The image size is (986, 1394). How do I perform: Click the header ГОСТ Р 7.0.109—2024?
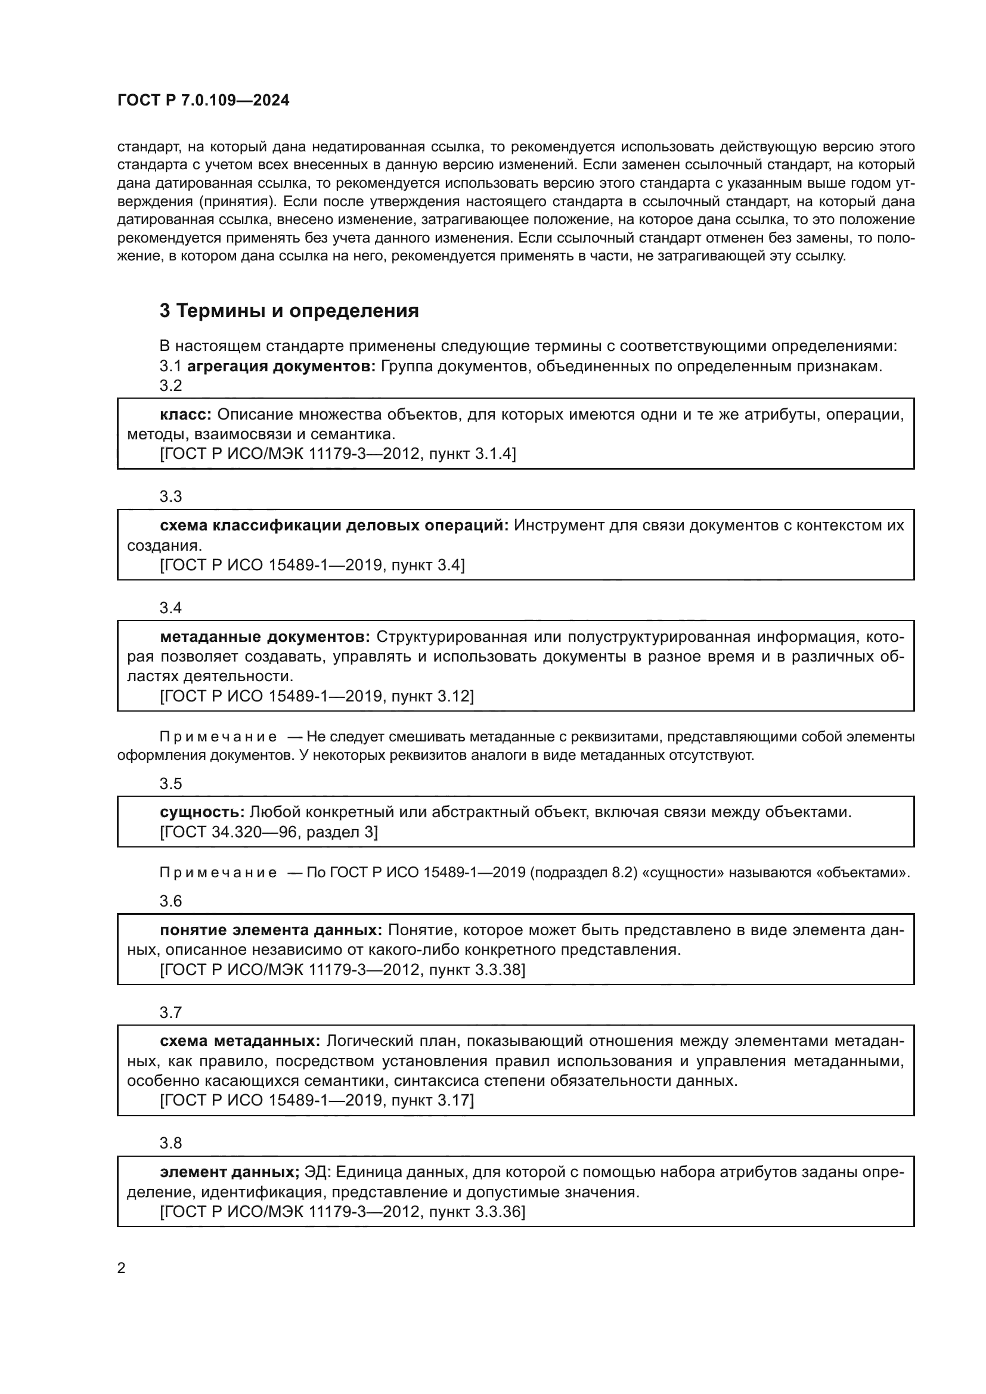(203, 101)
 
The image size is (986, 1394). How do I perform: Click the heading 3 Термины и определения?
(289, 311)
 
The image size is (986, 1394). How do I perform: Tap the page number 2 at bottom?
(122, 1268)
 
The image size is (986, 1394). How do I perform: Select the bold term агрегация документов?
(282, 366)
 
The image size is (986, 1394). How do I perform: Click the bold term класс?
(185, 414)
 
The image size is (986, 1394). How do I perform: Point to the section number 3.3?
(170, 496)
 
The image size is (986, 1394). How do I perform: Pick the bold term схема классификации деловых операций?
(334, 525)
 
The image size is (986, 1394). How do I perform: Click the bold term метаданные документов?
(265, 637)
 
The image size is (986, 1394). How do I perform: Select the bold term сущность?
(202, 812)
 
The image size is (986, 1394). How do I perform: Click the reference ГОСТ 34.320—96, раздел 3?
(268, 832)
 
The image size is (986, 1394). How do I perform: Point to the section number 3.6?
(170, 901)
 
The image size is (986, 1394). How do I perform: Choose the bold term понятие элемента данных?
(271, 930)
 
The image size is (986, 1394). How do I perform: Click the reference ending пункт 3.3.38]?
(342, 970)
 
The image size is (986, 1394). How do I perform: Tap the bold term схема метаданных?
(240, 1041)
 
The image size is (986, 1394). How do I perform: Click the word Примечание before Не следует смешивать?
(218, 737)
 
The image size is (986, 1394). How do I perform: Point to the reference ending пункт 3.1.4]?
(337, 454)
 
